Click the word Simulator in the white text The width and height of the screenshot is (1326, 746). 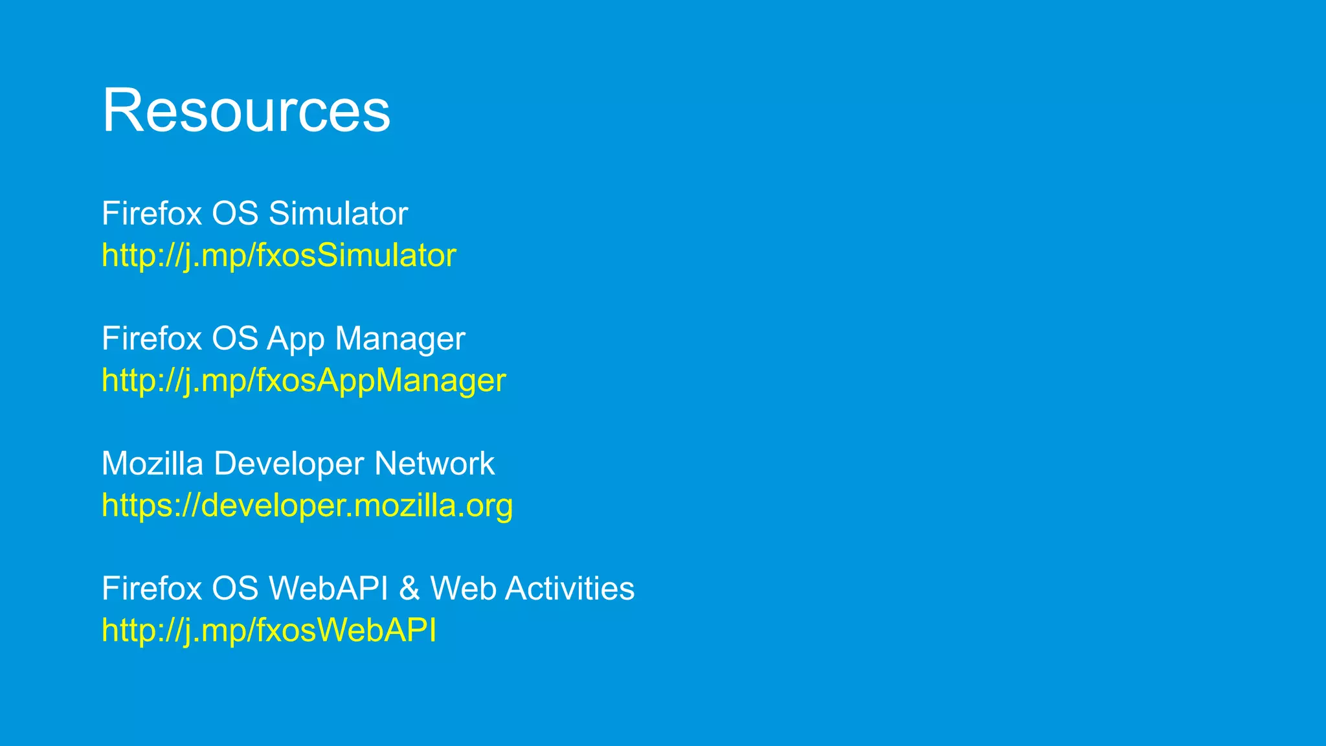tap(338, 214)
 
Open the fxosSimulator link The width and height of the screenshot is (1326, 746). tap(278, 255)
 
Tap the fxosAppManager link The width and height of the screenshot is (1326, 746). tap(303, 380)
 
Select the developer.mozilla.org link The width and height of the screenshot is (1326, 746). tap(307, 505)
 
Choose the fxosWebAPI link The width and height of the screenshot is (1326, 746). tap(269, 630)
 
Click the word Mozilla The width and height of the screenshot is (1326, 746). tap(152, 464)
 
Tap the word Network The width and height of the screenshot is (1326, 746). tap(434, 464)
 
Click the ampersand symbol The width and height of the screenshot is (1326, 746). tap(409, 589)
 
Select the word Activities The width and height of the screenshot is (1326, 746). tap(569, 589)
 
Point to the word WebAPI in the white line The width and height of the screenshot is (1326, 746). tap(328, 589)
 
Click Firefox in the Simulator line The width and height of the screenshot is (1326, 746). tap(152, 214)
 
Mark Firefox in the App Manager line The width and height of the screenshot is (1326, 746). tap(152, 339)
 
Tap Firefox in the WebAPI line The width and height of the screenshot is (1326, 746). tap(152, 589)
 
